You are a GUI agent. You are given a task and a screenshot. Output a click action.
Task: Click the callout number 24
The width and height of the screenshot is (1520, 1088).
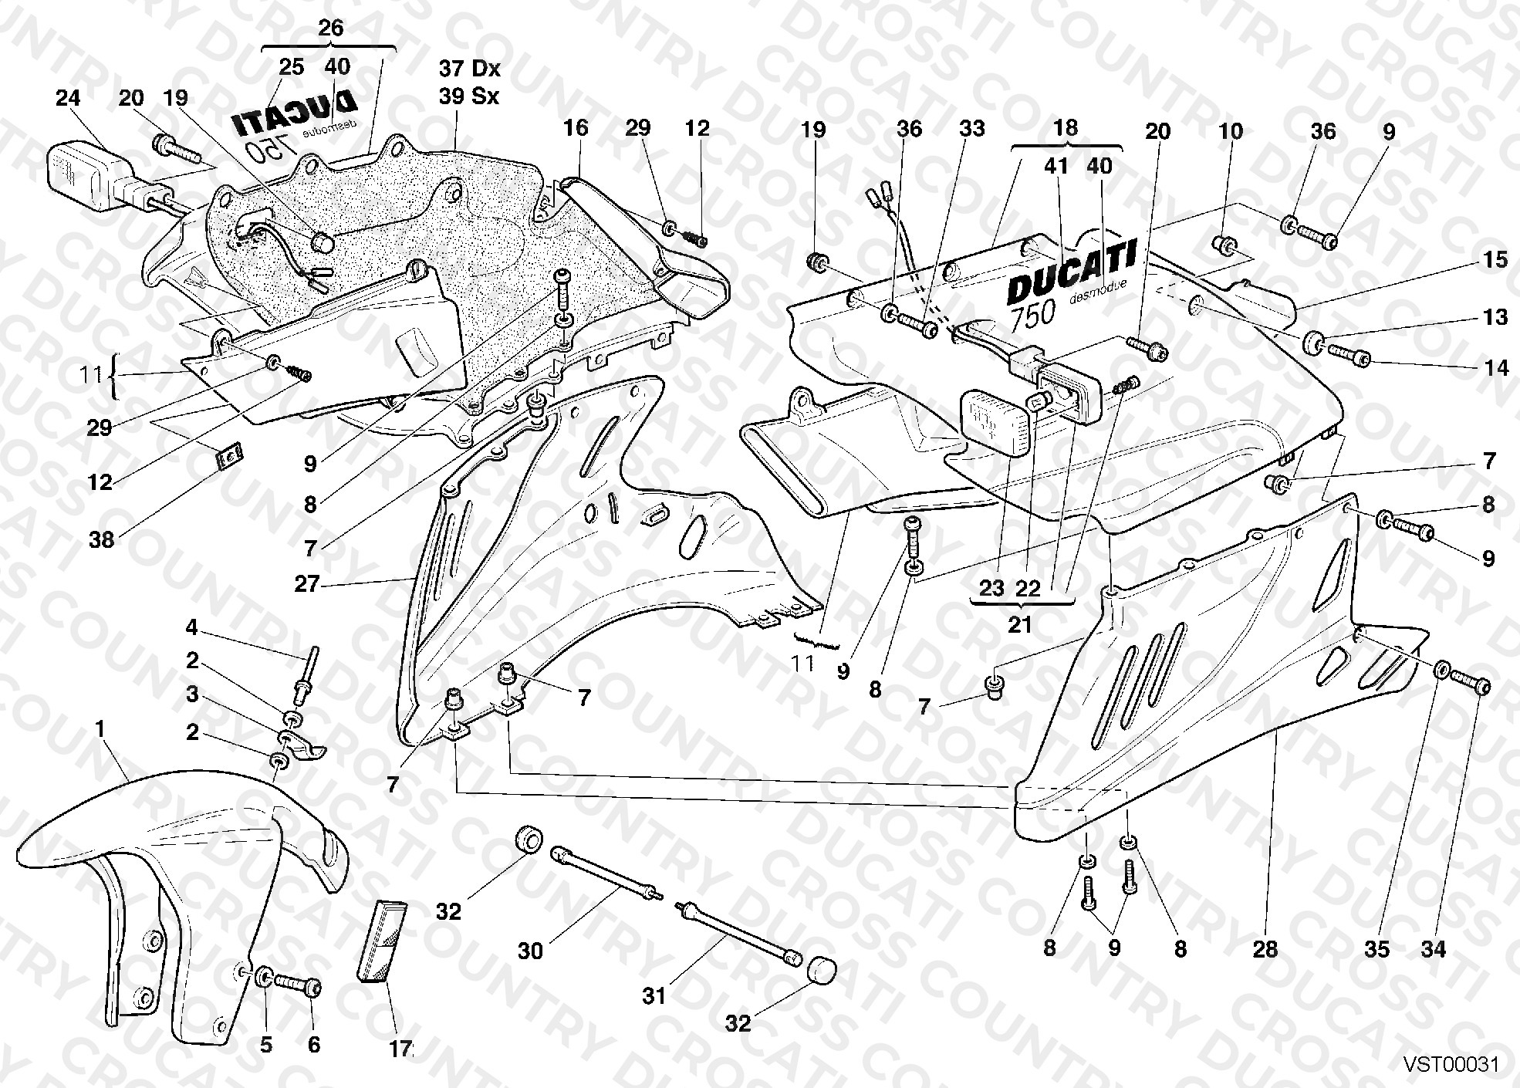[68, 98]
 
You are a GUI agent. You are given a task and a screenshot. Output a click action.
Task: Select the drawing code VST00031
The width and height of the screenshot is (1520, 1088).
[1451, 1065]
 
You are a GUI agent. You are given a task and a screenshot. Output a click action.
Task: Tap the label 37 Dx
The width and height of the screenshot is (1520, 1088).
[470, 68]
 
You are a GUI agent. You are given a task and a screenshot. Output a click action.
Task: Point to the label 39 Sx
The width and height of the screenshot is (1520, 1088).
[469, 96]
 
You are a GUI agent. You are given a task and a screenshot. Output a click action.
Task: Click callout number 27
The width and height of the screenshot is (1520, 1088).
[307, 584]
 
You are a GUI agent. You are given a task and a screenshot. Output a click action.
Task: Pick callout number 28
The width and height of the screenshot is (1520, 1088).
[1265, 949]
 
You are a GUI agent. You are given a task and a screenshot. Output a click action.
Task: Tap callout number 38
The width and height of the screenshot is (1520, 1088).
[100, 539]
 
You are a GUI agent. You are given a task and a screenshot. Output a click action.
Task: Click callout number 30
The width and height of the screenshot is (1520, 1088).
[531, 951]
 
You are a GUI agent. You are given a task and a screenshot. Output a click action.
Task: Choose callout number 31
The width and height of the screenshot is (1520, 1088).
[654, 996]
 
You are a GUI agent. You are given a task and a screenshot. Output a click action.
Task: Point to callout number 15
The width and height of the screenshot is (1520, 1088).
[1495, 260]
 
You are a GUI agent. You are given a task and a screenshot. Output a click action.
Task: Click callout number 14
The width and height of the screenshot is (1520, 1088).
[1496, 368]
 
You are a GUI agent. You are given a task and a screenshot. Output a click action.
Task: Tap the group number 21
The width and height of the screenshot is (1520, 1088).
[1020, 624]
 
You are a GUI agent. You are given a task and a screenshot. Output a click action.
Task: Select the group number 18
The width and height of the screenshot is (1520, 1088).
[1066, 127]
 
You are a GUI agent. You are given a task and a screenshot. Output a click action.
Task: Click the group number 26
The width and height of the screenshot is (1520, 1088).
[330, 28]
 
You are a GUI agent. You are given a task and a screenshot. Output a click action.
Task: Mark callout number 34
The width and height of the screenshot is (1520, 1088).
[1434, 949]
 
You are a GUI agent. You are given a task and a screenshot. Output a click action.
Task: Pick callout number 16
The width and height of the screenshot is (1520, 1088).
[576, 127]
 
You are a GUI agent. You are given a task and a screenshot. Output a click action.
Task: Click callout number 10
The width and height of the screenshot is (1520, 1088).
[1231, 131]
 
